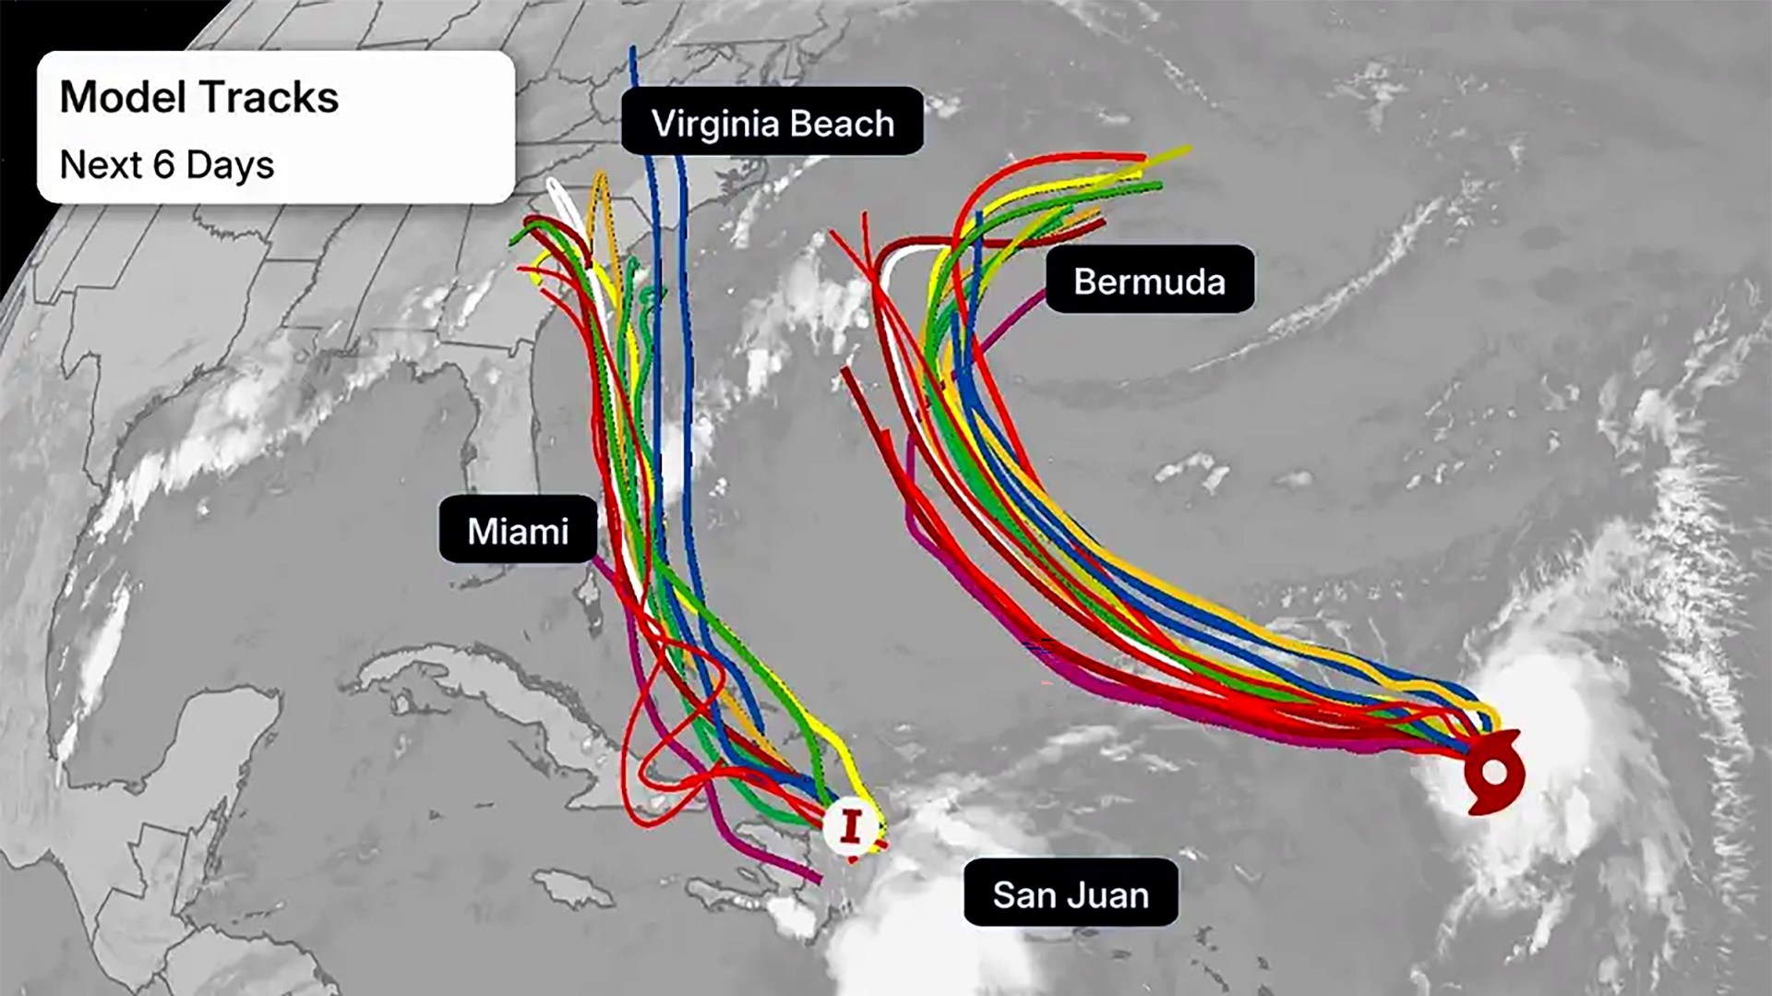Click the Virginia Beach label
coord(772,123)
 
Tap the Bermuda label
coord(1149,281)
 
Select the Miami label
coord(518,531)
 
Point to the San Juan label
coord(1071,894)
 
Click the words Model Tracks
coord(199,97)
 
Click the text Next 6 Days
coord(167,165)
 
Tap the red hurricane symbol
coord(1493,773)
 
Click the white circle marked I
coord(850,825)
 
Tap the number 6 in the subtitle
coord(163,165)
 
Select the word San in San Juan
coord(1019,894)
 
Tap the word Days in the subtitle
coord(230,165)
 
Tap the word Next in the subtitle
coord(100,165)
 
